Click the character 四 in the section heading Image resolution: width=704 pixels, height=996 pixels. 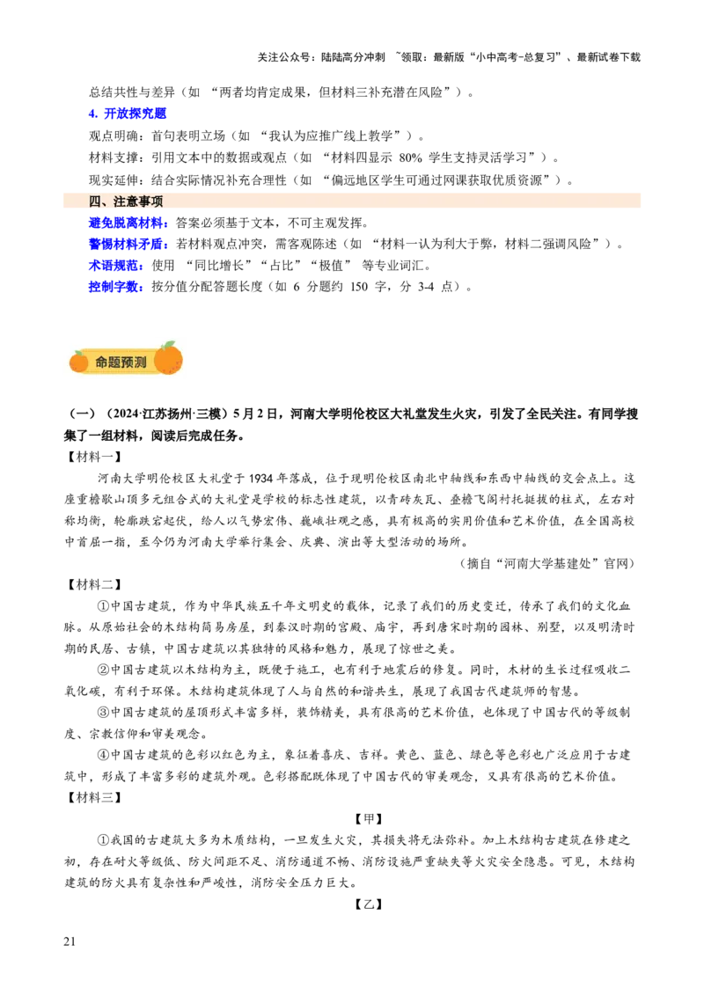tap(94, 201)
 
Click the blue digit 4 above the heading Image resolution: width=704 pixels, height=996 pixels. tap(92, 113)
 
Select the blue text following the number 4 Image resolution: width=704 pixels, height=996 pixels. tap(136, 113)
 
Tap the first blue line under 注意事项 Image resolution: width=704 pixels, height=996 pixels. tap(127, 223)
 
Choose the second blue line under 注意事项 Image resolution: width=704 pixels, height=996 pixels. tap(127, 244)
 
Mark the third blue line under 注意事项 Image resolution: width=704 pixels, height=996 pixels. tap(115, 265)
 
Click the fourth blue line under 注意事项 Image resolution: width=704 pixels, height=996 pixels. tap(115, 286)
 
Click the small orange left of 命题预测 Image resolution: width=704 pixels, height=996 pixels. tap(79, 362)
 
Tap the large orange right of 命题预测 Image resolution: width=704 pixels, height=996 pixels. tap(168, 359)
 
